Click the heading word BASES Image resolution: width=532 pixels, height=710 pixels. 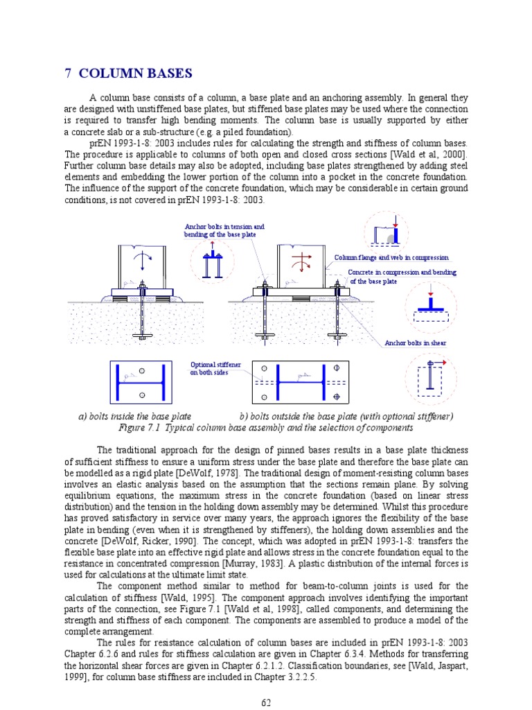pos(170,73)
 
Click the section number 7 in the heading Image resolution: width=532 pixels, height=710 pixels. pos(69,73)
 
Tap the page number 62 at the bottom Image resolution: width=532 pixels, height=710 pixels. pos(266,702)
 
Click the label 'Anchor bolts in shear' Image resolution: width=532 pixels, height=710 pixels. pos(416,343)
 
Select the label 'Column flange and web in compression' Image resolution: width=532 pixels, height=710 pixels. pos(391,258)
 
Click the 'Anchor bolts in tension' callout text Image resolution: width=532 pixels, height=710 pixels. pos(224,227)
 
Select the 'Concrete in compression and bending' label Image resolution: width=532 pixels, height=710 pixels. pos(402,272)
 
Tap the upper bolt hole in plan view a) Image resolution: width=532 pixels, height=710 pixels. pos(142,371)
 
